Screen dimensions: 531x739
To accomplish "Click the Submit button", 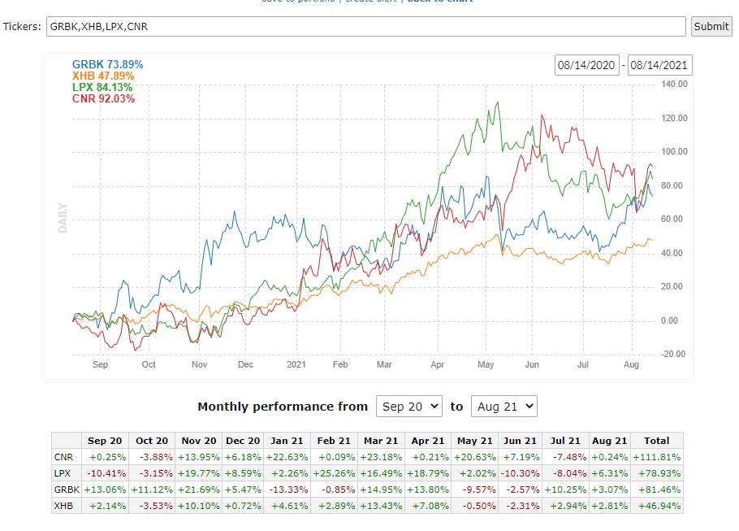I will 711,26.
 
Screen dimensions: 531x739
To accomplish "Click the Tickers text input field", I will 365,26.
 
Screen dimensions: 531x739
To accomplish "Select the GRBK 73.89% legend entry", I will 102,64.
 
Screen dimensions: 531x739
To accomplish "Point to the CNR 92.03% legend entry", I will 103,98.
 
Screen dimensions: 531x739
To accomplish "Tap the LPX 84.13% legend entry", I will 102,87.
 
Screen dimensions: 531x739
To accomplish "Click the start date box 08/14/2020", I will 587,66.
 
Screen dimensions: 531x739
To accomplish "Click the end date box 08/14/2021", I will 659,66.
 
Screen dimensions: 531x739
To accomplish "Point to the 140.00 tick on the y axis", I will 652,84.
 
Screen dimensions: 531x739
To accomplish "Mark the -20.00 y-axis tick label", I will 652,354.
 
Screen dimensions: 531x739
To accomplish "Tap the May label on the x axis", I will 486,365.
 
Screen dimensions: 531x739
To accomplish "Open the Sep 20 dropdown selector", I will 408,406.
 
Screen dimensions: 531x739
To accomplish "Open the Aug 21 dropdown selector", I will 503,406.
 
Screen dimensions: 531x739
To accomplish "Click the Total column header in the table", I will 657,440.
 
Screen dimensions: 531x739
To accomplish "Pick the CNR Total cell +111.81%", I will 657,457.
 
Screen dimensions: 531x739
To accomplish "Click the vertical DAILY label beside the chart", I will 63,218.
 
